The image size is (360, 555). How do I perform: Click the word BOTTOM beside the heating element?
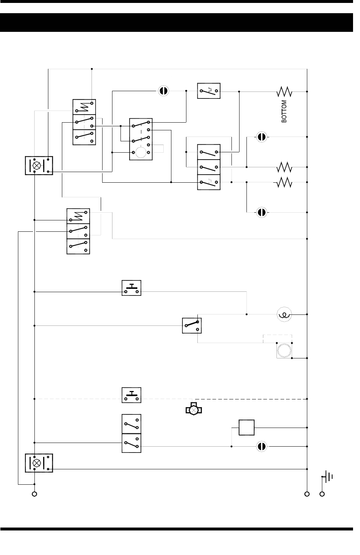(284, 111)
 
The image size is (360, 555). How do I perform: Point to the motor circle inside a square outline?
(284, 350)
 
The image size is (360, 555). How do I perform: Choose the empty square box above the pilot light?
(246, 428)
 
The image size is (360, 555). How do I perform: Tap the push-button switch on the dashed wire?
(131, 395)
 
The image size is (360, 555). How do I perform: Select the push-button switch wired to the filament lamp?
(131, 288)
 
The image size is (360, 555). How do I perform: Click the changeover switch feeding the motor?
(192, 325)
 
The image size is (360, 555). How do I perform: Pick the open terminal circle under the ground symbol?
(322, 494)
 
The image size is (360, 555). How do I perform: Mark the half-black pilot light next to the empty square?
(261, 447)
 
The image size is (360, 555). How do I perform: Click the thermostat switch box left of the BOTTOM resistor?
(209, 91)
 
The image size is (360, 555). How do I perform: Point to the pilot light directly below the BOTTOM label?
(261, 137)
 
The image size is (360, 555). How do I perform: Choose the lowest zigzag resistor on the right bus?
(285, 182)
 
